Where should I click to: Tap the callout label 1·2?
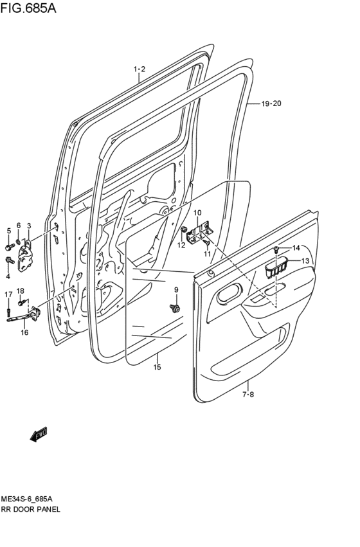pyautogui.click(x=139, y=69)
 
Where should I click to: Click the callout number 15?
pyautogui.click(x=157, y=367)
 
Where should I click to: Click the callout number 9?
pyautogui.click(x=175, y=290)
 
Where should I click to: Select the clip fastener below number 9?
pyautogui.click(x=175, y=309)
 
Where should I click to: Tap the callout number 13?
pyautogui.click(x=305, y=260)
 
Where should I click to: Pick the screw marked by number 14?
pyautogui.click(x=276, y=249)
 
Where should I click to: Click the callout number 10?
pyautogui.click(x=197, y=213)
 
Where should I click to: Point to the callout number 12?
pyautogui.click(x=181, y=244)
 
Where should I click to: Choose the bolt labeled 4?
pyautogui.click(x=9, y=260)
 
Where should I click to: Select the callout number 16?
pyautogui.click(x=24, y=332)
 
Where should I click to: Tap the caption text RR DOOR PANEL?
pyautogui.click(x=31, y=508)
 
